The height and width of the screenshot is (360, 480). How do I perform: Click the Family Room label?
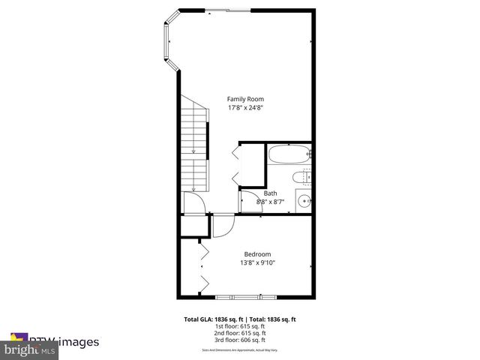pyautogui.click(x=245, y=99)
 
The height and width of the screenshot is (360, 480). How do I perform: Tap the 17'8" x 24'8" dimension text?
pyautogui.click(x=245, y=108)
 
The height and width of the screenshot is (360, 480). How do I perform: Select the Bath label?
pyautogui.click(x=269, y=193)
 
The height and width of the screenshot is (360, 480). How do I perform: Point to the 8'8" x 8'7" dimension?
pyautogui.click(x=269, y=202)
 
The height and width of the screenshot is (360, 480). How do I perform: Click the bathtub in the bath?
pyautogui.click(x=288, y=155)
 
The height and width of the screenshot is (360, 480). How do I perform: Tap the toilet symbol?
pyautogui.click(x=302, y=178)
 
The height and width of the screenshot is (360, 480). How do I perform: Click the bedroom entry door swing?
pyautogui.click(x=223, y=225)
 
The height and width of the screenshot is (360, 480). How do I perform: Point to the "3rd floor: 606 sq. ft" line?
pyautogui.click(x=240, y=340)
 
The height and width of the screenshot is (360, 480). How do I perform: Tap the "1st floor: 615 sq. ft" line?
pyautogui.click(x=240, y=327)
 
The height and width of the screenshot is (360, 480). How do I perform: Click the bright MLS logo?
pyautogui.click(x=30, y=349)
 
